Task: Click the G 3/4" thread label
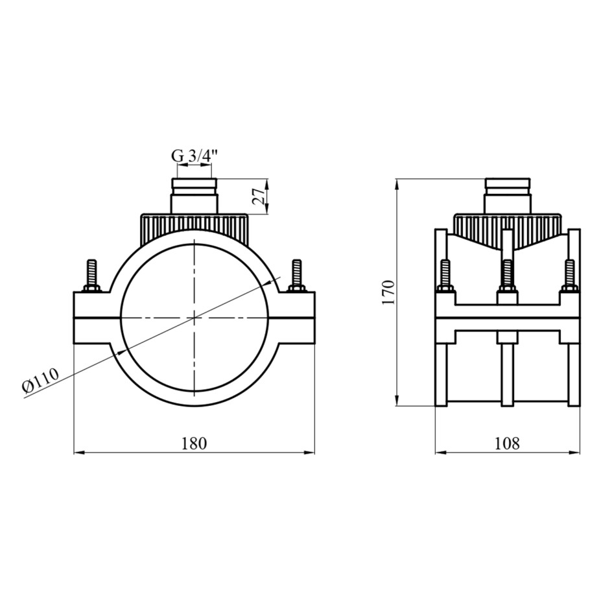(x=195, y=156)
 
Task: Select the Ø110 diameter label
(x=40, y=380)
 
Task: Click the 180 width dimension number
(x=195, y=443)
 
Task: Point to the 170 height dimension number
(x=389, y=292)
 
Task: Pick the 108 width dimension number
(x=506, y=443)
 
